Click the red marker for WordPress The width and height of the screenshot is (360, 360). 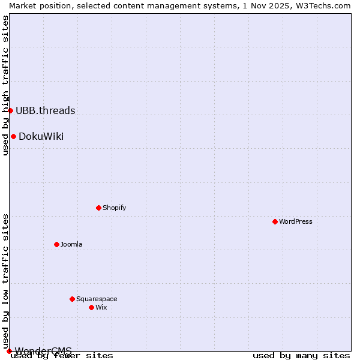coord(275,221)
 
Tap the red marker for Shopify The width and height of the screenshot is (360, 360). coord(98,208)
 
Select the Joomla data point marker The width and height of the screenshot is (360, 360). coord(56,244)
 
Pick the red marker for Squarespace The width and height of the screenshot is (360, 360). coord(72,299)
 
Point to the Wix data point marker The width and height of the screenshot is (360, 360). coord(91,307)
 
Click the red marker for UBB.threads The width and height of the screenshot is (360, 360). coord(10,110)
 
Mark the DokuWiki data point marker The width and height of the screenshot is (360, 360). coord(13,136)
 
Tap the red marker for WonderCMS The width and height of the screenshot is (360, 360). coord(9,351)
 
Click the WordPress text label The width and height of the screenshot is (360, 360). coord(296,221)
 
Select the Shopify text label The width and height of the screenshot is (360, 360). coord(114,208)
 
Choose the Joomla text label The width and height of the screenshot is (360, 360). coord(71,244)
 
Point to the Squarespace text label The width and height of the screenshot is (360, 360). coord(97,299)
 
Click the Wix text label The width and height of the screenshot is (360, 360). coord(101,307)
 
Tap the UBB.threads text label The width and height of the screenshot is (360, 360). coord(46,110)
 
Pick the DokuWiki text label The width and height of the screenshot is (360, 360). coord(41,136)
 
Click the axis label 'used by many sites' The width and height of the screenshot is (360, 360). coord(301,356)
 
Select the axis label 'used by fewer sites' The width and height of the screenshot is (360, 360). coord(62,356)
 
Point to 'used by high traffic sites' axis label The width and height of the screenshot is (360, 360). coord(5,85)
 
